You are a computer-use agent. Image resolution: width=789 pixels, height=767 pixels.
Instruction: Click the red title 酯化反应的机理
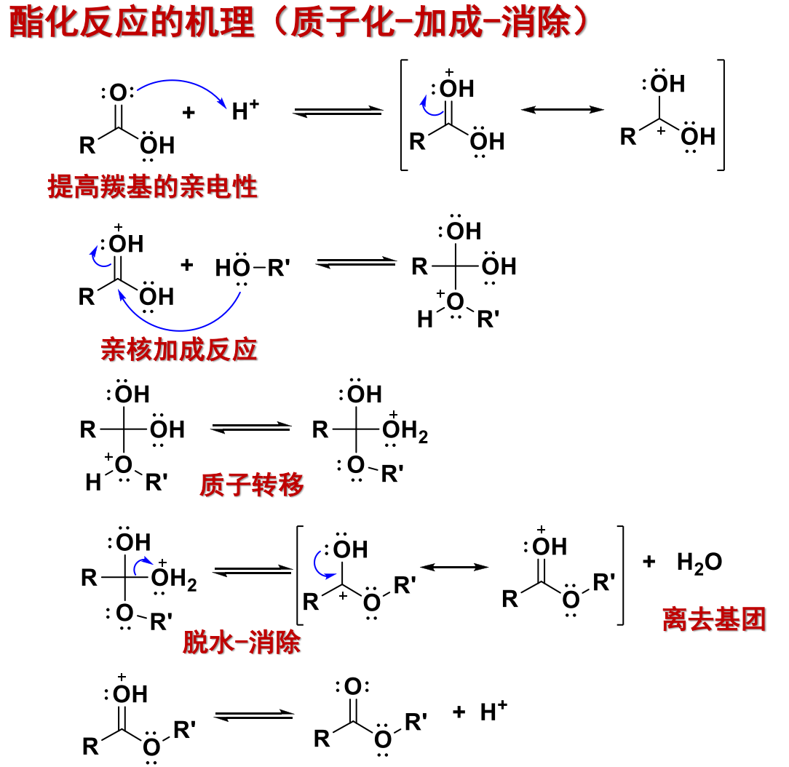132,23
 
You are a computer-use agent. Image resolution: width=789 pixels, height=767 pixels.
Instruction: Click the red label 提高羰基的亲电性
152,186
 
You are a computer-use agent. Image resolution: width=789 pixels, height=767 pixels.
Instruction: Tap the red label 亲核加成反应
179,349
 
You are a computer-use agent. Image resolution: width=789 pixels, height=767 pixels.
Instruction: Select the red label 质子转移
252,485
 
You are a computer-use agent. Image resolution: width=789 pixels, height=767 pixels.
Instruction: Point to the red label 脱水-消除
242,643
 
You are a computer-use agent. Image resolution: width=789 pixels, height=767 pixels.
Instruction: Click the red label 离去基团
714,619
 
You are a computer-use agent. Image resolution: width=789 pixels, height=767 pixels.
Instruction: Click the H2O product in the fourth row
699,563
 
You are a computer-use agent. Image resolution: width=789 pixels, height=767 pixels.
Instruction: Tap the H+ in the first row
245,110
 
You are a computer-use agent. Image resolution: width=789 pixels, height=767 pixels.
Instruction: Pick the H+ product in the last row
493,711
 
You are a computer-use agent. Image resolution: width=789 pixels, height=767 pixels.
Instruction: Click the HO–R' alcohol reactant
253,268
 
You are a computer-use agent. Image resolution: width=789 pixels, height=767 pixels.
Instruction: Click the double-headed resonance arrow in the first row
563,110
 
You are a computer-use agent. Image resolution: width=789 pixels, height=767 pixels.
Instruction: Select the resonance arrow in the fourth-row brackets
454,568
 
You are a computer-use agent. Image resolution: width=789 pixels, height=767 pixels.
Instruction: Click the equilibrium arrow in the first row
338,111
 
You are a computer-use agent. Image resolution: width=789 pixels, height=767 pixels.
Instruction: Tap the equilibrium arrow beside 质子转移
251,427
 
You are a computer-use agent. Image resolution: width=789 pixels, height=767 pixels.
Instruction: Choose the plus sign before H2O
649,561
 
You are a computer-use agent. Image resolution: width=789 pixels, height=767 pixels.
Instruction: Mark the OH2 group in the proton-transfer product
405,431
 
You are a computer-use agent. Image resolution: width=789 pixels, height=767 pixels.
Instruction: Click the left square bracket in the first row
403,115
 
